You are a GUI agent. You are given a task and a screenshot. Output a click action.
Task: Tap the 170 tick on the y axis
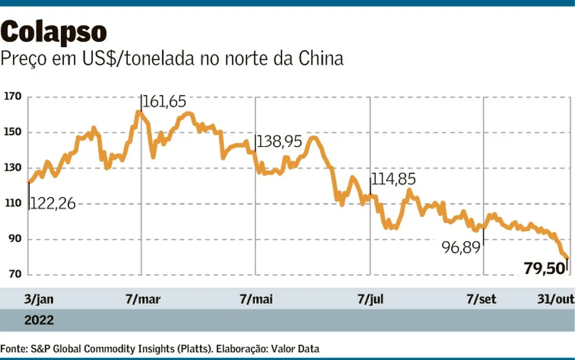(x=12, y=96)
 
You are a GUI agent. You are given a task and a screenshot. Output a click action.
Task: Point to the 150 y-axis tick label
(x=12, y=132)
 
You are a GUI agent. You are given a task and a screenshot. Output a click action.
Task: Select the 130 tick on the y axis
(x=12, y=168)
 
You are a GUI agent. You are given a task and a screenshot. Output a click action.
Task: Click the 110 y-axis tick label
(x=12, y=203)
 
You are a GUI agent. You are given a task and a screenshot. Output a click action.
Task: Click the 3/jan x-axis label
(x=39, y=300)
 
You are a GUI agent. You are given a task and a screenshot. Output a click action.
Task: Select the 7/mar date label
(x=143, y=300)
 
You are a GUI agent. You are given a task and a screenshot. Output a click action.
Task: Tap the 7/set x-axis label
(x=482, y=300)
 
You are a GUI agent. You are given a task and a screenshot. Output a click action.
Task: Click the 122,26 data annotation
(x=53, y=204)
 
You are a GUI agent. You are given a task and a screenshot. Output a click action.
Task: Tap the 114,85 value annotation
(x=394, y=180)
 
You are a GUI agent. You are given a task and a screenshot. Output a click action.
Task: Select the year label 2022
(x=39, y=320)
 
